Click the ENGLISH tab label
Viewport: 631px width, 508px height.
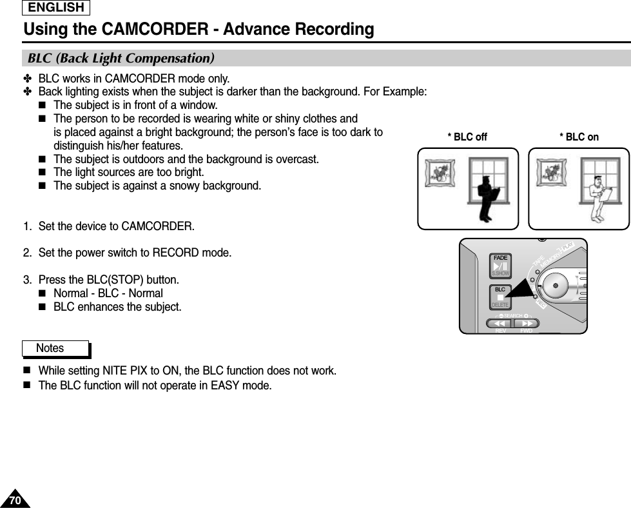pyautogui.click(x=56, y=8)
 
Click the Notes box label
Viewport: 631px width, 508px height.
pyautogui.click(x=50, y=348)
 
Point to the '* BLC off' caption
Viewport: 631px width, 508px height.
pyautogui.click(x=467, y=137)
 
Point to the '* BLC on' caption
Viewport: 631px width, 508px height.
pyautogui.click(x=579, y=137)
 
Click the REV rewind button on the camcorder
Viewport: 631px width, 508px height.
pyautogui.click(x=499, y=324)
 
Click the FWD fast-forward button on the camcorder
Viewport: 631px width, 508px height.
pyautogui.click(x=527, y=324)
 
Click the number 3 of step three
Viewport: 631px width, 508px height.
pyautogui.click(x=26, y=280)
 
